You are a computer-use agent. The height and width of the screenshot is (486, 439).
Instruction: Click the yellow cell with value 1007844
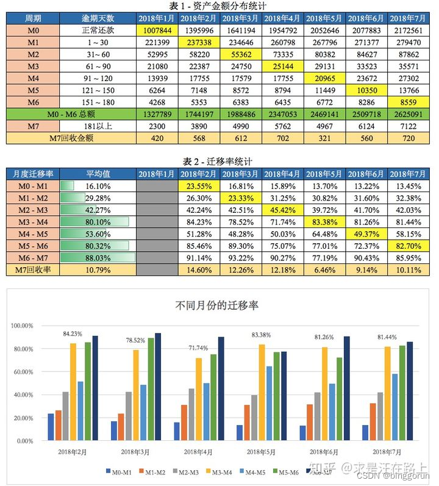pos(157,30)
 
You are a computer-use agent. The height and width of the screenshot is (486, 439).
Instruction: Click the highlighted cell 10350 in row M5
pos(366,90)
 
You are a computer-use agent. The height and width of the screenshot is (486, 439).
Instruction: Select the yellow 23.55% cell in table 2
pos(199,186)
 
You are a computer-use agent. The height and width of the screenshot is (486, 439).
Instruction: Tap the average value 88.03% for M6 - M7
pos(98,258)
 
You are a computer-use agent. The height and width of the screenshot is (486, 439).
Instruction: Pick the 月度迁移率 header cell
pos(33,174)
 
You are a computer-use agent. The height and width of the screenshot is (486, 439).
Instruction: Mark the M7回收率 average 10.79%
pos(98,270)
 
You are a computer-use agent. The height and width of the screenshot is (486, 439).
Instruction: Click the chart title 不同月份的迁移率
pos(217,305)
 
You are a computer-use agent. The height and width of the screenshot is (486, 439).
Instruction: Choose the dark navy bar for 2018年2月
pos(95,388)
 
